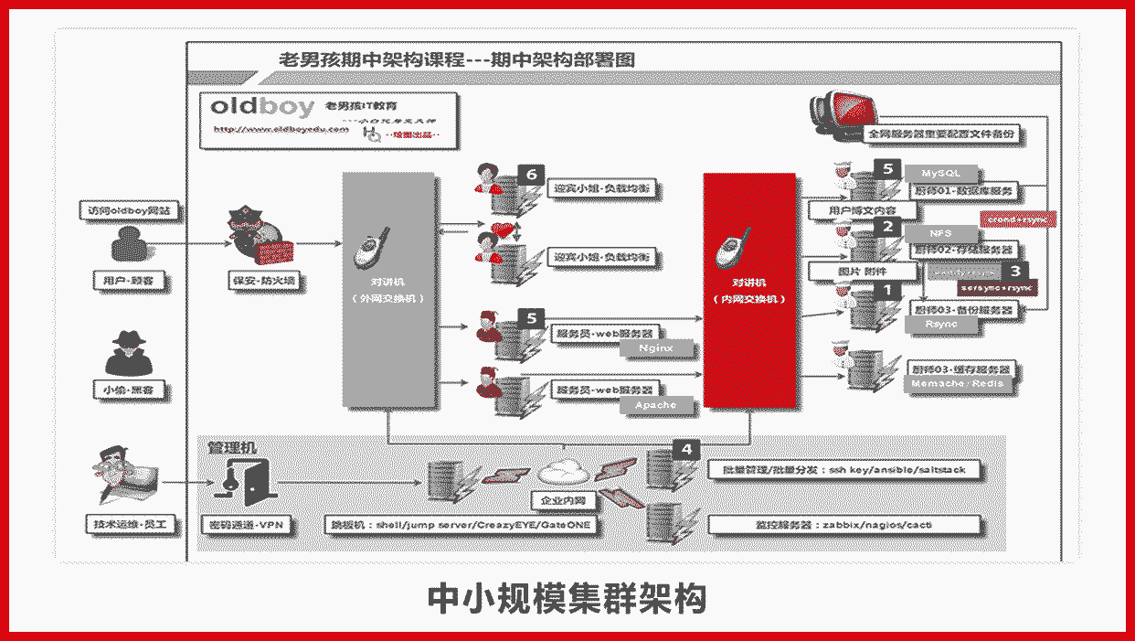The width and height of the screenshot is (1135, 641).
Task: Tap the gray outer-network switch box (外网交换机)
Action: (387, 288)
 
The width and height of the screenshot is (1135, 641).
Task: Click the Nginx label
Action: (655, 347)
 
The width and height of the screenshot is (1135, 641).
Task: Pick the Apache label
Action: (655, 404)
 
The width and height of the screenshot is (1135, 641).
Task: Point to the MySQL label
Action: (941, 173)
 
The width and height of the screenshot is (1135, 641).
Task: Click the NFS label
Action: (941, 233)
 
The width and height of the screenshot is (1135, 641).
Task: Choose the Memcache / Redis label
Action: (957, 383)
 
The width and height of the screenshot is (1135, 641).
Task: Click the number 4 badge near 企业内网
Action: (686, 449)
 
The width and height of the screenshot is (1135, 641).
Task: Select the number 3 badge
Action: (1014, 272)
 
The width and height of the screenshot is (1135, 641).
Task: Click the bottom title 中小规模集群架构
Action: (567, 600)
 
